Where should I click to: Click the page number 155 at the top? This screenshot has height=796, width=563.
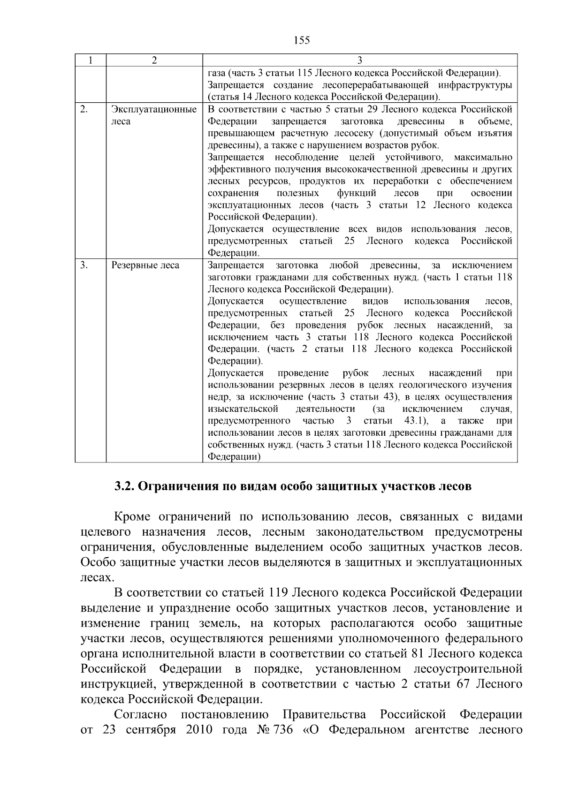pyautogui.click(x=302, y=40)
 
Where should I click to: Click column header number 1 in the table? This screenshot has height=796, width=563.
pyautogui.click(x=90, y=60)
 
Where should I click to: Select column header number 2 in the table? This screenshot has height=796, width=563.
pyautogui.click(x=154, y=60)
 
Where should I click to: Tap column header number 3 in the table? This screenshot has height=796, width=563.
pyautogui.click(x=359, y=60)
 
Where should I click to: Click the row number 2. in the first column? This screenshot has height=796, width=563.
pyautogui.click(x=84, y=109)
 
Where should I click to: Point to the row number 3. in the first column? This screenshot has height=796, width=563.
pyautogui.click(x=84, y=265)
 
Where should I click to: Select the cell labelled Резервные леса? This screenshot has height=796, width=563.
pyautogui.click(x=145, y=265)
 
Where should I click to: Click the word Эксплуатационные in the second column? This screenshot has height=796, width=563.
pyautogui.click(x=153, y=110)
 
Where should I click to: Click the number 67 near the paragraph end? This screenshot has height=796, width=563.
pyautogui.click(x=464, y=684)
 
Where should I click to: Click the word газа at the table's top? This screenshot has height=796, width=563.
pyautogui.click(x=217, y=73)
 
